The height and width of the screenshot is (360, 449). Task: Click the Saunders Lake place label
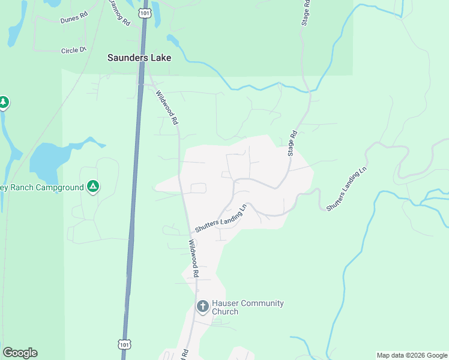[139, 58]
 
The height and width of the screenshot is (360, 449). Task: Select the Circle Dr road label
[74, 50]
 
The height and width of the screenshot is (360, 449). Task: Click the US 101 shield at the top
[144, 13]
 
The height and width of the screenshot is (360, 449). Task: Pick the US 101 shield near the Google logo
[124, 344]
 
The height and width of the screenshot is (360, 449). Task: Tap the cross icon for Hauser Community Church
[203, 307]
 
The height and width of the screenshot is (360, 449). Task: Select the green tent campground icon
[92, 187]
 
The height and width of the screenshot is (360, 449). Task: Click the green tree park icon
[4, 103]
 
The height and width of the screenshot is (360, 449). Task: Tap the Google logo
[20, 353]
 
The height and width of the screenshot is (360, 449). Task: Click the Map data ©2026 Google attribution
[412, 355]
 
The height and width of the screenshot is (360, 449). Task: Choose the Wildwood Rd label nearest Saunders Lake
[167, 107]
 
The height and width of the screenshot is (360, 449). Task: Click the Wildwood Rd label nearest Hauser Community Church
[193, 258]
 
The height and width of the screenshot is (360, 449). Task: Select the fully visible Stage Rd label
[293, 144]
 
